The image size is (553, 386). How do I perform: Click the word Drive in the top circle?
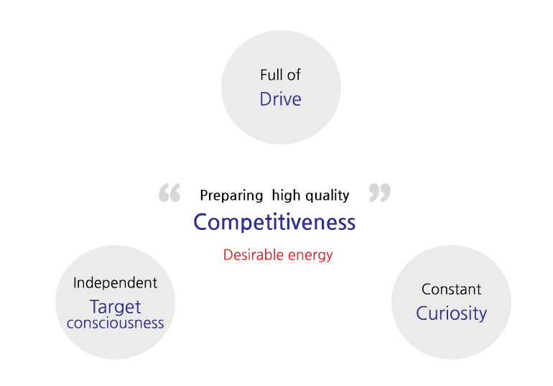pyautogui.click(x=280, y=98)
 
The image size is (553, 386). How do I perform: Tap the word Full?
pyautogui.click(x=271, y=75)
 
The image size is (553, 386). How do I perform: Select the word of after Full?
pyautogui.click(x=294, y=75)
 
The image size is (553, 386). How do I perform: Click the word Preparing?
pyautogui.click(x=231, y=196)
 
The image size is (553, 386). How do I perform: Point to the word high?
pyautogui.click(x=286, y=195)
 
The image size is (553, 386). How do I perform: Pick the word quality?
pyautogui.click(x=327, y=196)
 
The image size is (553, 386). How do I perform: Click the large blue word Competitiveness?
pyautogui.click(x=274, y=222)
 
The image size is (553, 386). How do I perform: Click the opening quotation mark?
pyautogui.click(x=169, y=193)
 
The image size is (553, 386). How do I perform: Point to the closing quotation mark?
pyautogui.click(x=380, y=193)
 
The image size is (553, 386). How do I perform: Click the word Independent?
pyautogui.click(x=116, y=283)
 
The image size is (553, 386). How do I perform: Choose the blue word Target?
pyautogui.click(x=116, y=307)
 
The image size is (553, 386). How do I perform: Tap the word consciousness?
pyautogui.click(x=116, y=323)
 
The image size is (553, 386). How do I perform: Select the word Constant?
pyautogui.click(x=452, y=290)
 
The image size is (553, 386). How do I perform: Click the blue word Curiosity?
pyautogui.click(x=452, y=313)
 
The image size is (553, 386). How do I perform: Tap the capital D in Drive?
pyautogui.click(x=265, y=98)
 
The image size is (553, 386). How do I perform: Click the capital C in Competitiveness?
pyautogui.click(x=201, y=222)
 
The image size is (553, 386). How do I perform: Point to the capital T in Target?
pyautogui.click(x=96, y=306)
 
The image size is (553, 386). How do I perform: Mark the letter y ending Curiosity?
pyautogui.click(x=483, y=315)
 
